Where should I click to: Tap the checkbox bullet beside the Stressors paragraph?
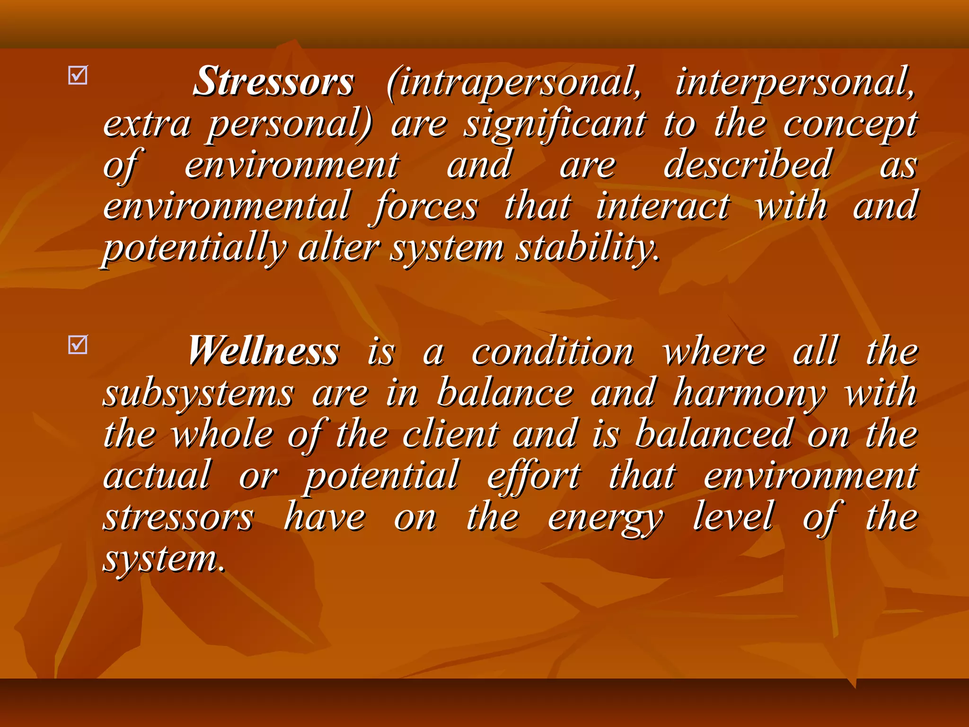pyautogui.click(x=78, y=75)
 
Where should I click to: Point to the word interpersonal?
pyautogui.click(x=795, y=83)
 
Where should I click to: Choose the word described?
pyautogui.click(x=747, y=165)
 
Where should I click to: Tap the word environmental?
pyautogui.click(x=227, y=206)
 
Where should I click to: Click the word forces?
pyautogui.click(x=426, y=206)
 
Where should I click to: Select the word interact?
pyautogui.click(x=663, y=206)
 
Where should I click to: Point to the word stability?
pyautogui.click(x=587, y=249)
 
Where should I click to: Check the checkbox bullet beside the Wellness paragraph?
pyautogui.click(x=78, y=345)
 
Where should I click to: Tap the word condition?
pyautogui.click(x=553, y=352)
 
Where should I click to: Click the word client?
pyautogui.click(x=451, y=434)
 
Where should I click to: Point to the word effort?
pyautogui.click(x=534, y=476)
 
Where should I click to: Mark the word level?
pyautogui.click(x=733, y=517)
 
